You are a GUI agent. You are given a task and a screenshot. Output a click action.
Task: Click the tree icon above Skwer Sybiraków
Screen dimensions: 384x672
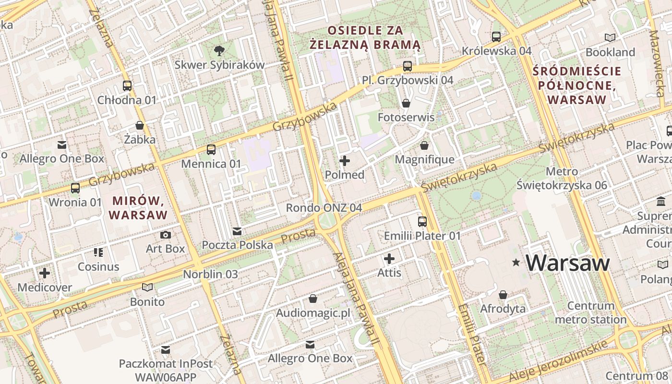click(219, 50)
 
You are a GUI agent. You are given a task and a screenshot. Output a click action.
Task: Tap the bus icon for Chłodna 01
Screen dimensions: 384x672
click(127, 86)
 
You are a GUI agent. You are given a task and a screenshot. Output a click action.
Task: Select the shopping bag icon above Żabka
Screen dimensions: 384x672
click(140, 125)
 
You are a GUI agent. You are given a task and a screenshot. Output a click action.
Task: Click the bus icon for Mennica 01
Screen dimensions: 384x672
click(211, 149)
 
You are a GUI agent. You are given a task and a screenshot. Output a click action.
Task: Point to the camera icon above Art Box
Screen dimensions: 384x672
click(166, 235)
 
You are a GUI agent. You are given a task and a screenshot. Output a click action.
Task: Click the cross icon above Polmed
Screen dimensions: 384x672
click(345, 161)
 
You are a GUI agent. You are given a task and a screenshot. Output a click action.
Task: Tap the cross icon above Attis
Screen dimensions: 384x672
click(389, 259)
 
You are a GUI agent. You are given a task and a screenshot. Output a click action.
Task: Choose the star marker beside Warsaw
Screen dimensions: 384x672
click(516, 263)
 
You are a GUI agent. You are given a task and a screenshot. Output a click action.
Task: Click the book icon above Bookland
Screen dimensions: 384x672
click(610, 37)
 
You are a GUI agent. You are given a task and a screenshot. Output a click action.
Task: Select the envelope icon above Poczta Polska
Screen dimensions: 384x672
click(237, 231)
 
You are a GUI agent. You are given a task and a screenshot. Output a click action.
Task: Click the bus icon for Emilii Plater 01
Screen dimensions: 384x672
click(422, 221)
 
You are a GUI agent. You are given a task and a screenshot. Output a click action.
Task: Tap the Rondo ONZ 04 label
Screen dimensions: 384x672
click(324, 208)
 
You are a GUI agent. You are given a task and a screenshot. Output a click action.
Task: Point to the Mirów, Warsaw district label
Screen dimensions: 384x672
click(138, 207)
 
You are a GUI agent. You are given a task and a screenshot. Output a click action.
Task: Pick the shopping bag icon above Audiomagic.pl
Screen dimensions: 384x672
click(313, 299)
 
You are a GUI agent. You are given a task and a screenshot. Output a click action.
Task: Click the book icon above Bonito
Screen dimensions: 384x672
click(147, 287)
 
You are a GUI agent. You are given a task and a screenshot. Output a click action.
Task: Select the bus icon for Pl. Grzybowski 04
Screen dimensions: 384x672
click(408, 66)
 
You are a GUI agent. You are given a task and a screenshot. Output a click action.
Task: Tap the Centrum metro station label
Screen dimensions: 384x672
click(590, 312)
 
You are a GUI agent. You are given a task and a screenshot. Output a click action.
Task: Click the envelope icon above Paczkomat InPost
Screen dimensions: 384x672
click(166, 349)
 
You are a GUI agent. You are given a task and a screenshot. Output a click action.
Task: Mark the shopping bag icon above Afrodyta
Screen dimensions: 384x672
click(503, 294)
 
